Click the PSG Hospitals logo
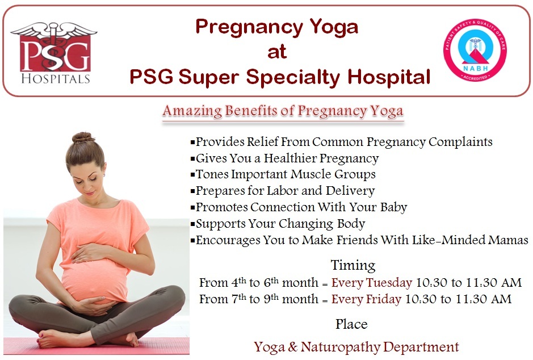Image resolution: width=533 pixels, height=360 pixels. point(54,53)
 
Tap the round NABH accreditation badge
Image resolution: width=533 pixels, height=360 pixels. point(475,50)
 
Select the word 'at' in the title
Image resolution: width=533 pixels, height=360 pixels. point(277,52)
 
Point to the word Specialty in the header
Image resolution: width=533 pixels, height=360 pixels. point(293,77)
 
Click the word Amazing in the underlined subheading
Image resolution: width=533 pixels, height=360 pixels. point(192,111)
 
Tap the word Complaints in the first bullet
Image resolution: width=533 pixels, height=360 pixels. point(460,142)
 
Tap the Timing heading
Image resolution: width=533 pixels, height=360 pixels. point(353,265)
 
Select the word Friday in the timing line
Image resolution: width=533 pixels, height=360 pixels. point(384,299)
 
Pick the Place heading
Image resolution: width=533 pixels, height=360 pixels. point(351,324)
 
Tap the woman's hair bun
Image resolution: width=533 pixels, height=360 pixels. point(83,137)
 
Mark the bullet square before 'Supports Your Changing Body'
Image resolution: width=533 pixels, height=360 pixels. point(193,224)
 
